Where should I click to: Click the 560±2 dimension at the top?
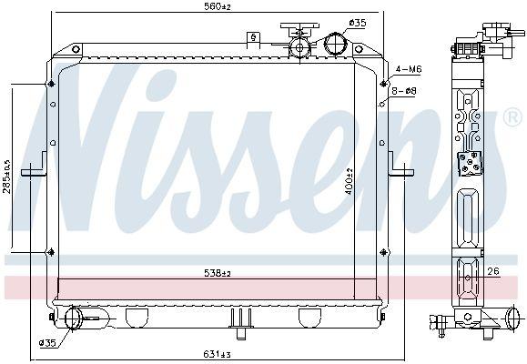(x=218, y=5)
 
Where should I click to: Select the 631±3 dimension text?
(x=217, y=354)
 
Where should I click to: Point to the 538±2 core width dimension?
(x=218, y=273)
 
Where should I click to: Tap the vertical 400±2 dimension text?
(x=349, y=181)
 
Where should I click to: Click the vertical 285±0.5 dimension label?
(x=6, y=177)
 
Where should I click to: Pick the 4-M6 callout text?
(x=409, y=69)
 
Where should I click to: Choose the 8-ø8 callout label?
(x=403, y=91)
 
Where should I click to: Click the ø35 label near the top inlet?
(x=358, y=23)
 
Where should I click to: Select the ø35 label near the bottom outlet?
(x=47, y=343)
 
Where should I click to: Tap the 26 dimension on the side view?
(x=493, y=271)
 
